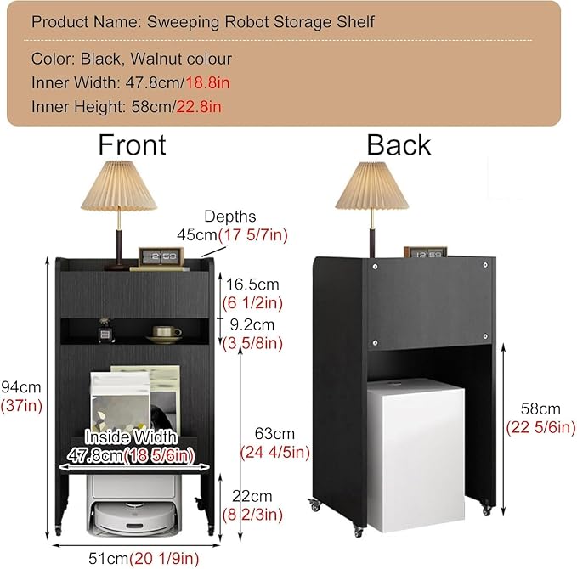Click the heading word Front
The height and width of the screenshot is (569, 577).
click(132, 145)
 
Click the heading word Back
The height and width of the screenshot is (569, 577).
click(399, 145)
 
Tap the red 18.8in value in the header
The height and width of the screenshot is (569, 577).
click(207, 82)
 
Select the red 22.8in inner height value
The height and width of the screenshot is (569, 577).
click(199, 107)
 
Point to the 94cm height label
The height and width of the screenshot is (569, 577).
click(21, 387)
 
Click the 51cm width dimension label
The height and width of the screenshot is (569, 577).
click(108, 558)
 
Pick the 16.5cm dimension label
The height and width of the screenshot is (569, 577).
click(252, 284)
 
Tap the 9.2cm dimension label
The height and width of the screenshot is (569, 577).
click(252, 324)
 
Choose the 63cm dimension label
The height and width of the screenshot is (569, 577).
click(274, 434)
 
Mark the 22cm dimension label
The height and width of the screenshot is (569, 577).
click(252, 496)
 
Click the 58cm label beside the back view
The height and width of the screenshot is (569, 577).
click(540, 409)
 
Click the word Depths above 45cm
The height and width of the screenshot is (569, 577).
click(230, 217)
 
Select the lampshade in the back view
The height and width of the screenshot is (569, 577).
click(372, 186)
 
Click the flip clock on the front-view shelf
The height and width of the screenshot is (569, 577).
click(161, 256)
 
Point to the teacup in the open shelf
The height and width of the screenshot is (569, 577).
click(165, 335)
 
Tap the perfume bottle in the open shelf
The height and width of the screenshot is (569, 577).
click(105, 331)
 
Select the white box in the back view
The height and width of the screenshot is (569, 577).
click(416, 456)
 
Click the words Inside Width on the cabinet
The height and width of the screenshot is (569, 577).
click(131, 437)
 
